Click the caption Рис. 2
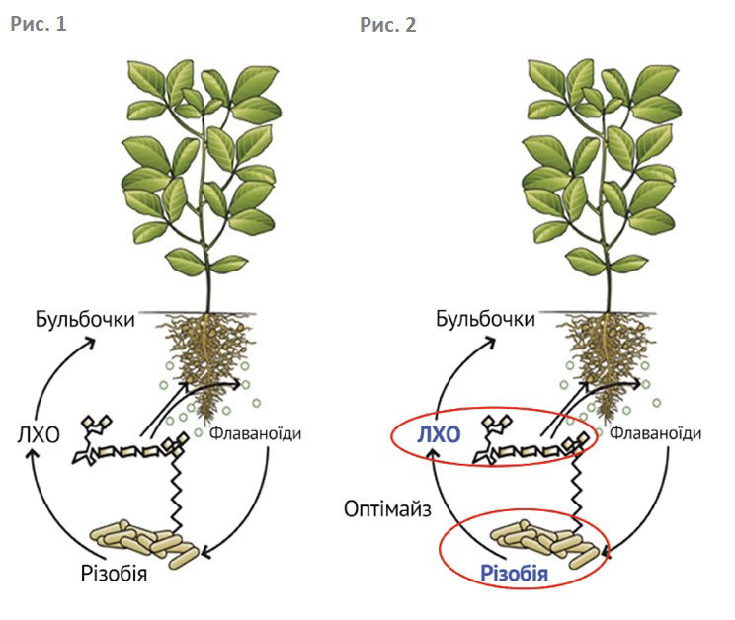tap(388, 25)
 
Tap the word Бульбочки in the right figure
tap(485, 319)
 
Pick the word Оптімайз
tap(386, 510)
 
